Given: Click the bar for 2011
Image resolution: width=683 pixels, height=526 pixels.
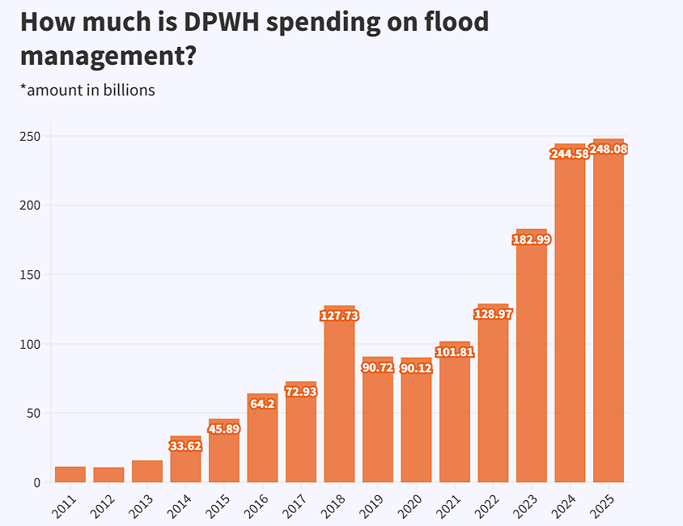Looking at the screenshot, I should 70,474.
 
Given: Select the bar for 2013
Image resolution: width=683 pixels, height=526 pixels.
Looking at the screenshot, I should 147,471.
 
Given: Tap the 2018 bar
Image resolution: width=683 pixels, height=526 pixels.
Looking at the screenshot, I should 339,397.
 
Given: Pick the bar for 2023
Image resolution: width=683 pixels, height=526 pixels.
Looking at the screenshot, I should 532,364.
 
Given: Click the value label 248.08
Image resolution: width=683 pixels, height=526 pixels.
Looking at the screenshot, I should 609,149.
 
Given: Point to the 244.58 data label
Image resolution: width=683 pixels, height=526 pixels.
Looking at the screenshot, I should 570,154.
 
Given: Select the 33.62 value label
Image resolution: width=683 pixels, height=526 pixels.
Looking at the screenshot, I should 185,445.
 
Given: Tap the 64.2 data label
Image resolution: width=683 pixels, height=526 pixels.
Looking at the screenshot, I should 262,403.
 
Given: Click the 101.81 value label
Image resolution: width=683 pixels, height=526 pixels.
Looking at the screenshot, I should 455,352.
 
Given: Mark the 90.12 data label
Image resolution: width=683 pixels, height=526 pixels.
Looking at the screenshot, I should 416,367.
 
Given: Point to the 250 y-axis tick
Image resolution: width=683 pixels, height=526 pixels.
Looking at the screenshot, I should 32,136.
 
